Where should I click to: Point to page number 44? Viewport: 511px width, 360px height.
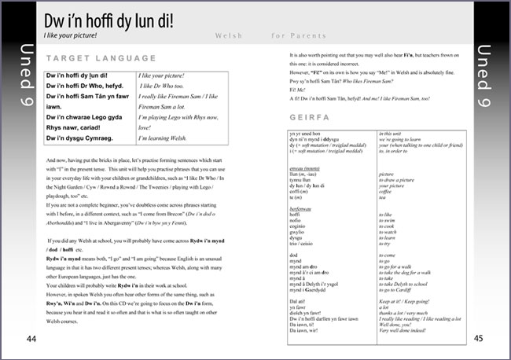point(31,339)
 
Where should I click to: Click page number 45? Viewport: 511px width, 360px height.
point(479,339)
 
